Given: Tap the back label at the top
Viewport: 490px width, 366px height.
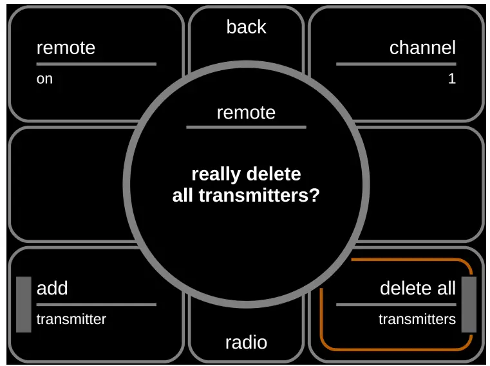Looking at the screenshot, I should (x=246, y=27).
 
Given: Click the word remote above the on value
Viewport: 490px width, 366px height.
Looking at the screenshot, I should (x=66, y=48).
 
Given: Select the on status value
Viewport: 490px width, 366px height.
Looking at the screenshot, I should (x=44, y=79).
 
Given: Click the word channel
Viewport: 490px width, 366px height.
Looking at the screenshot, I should (x=422, y=48).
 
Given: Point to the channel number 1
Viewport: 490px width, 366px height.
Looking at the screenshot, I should (x=452, y=79).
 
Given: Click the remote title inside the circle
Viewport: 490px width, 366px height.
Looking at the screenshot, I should (x=246, y=113).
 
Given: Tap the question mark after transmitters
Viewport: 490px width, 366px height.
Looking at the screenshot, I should (x=315, y=195).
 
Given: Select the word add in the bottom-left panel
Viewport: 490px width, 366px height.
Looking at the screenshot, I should (x=52, y=288).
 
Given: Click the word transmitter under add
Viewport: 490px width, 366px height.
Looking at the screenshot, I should (x=71, y=319).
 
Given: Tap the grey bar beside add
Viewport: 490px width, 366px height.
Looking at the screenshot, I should (x=24, y=304).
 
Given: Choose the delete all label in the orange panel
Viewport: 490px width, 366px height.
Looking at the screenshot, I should (x=418, y=288).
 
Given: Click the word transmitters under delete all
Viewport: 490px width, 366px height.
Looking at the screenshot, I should (x=417, y=319).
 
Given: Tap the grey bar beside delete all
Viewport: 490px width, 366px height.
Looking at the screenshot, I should (x=469, y=304).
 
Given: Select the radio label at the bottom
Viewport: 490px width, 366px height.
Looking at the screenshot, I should (x=246, y=342).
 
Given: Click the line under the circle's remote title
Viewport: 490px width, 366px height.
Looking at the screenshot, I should (x=246, y=127).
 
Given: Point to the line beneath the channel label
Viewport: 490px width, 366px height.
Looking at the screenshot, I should (x=396, y=64).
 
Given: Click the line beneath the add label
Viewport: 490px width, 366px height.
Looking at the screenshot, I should (x=97, y=304).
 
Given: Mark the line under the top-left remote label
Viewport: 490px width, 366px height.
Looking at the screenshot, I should (x=97, y=64).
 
